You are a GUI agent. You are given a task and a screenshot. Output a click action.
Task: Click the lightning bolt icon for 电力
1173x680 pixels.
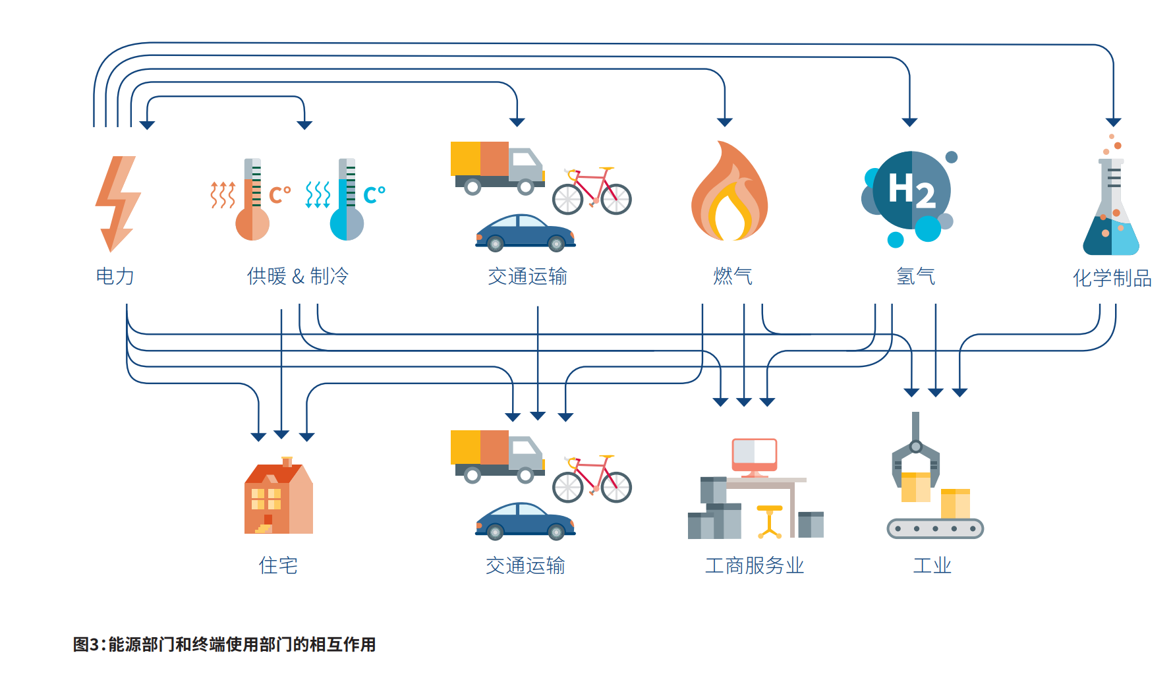tap(117, 203)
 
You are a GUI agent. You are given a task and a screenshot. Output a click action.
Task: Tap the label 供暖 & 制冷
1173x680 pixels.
tap(297, 276)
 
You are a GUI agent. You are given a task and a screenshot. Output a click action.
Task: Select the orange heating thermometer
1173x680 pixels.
tap(252, 201)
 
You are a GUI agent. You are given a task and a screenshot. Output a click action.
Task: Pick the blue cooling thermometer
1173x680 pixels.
tap(347, 201)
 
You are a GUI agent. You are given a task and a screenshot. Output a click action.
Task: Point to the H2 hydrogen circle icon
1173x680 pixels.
tap(911, 191)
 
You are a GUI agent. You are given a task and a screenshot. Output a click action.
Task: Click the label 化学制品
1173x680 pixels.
tap(1112, 278)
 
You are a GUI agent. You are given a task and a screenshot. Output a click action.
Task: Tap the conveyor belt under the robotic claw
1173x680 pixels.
tap(935, 528)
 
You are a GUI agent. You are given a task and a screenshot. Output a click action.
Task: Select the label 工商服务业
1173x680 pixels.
tap(755, 565)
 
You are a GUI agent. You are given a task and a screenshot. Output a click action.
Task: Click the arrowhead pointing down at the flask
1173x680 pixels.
tap(1113, 122)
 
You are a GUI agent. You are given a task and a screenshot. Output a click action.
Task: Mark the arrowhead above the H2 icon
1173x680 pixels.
tap(909, 122)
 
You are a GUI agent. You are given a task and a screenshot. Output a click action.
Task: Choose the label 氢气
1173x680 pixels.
tap(915, 276)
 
